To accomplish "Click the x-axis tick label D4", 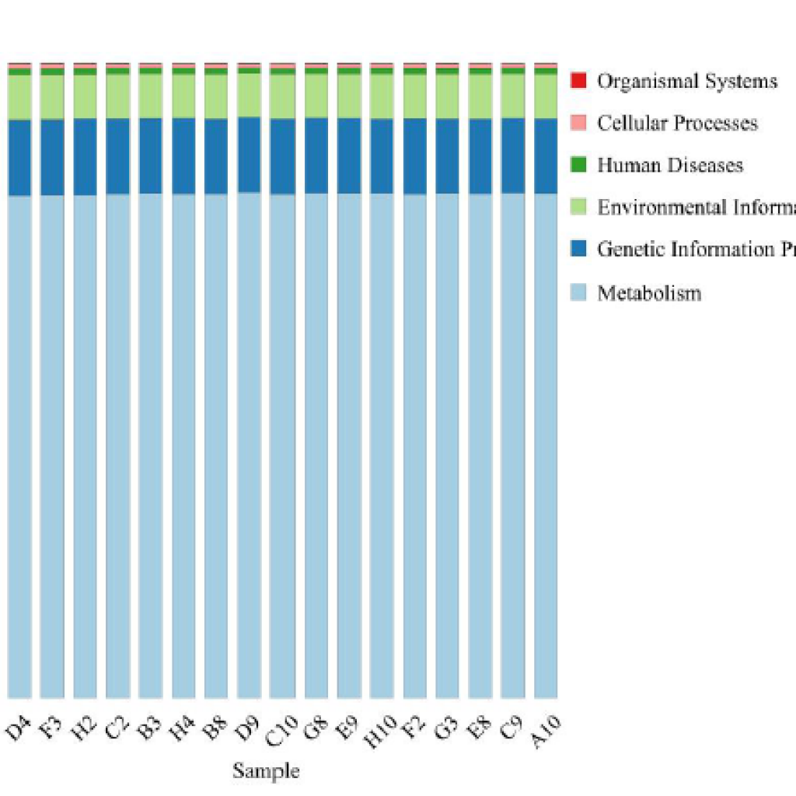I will (17, 731).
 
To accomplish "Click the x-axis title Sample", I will (266, 771).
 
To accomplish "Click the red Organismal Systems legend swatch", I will (578, 81).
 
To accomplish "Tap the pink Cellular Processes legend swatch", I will (578, 123).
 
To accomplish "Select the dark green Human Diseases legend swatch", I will (578, 165).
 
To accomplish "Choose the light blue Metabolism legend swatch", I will (578, 292).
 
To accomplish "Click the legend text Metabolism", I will (649, 293).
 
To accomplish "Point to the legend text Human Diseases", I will (670, 165).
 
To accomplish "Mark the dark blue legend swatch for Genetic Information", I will (578, 250).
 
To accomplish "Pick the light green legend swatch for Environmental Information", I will (578, 208).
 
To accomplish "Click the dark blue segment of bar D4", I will (19, 158).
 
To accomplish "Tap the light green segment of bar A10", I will (546, 96).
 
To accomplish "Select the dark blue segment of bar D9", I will (249, 154).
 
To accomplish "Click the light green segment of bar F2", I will (415, 96).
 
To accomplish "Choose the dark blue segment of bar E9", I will (349, 155).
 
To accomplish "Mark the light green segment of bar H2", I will (86, 96).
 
